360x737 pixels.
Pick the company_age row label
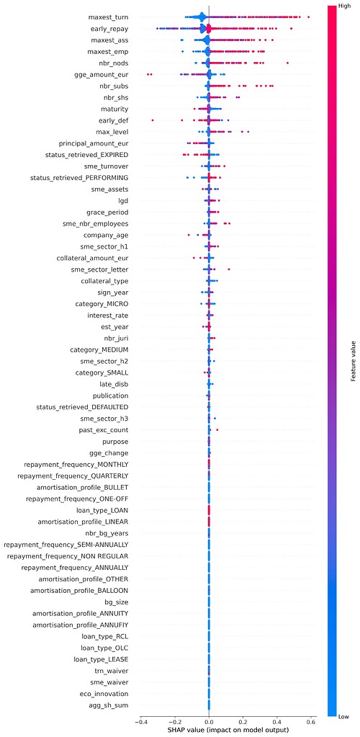point(107,235)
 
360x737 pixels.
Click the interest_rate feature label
point(108,315)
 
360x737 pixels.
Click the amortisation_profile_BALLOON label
point(80,591)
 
